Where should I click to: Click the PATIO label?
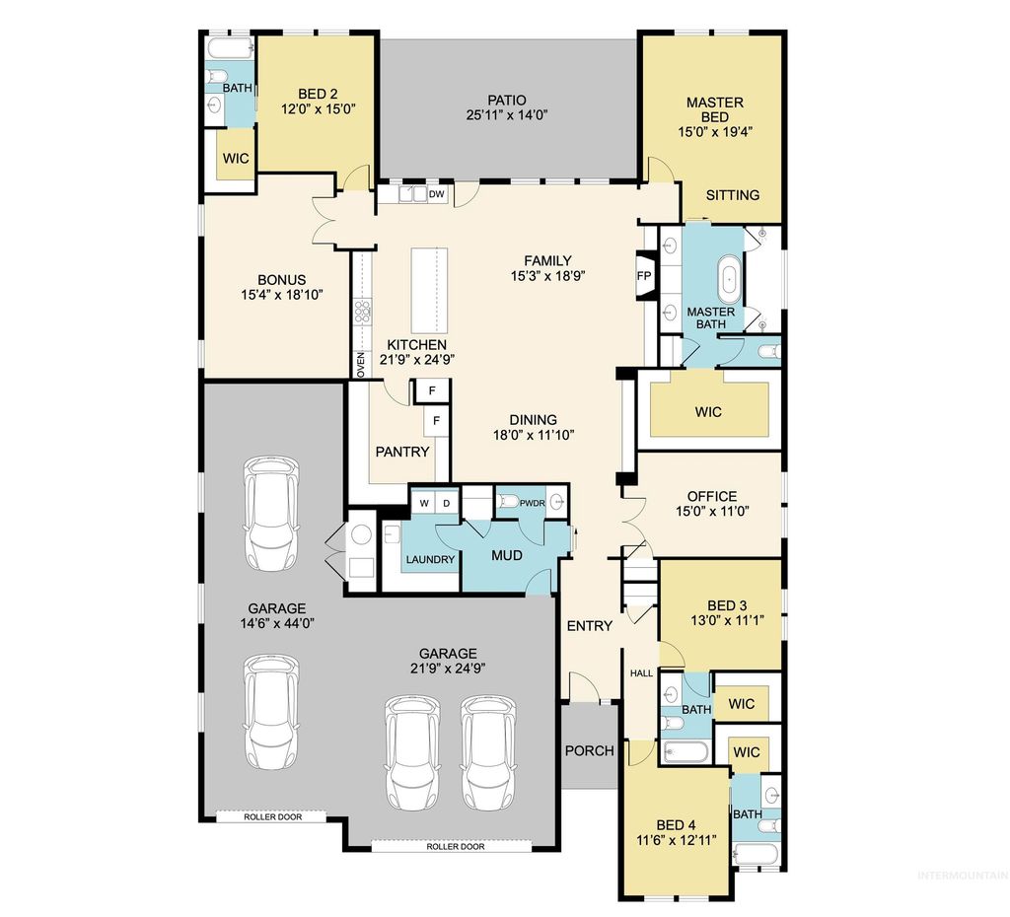(507, 100)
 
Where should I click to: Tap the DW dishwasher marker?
(436, 195)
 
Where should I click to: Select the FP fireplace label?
(644, 276)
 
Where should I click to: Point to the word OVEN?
(361, 364)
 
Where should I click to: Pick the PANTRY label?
(402, 452)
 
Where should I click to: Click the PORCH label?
(589, 750)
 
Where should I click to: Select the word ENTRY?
(589, 625)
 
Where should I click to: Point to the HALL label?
(641, 672)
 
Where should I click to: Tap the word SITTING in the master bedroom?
(733, 194)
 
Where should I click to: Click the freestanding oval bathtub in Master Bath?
(730, 279)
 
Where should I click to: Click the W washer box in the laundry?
(424, 504)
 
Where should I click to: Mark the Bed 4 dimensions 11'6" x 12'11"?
(678, 840)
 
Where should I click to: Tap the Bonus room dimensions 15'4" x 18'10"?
(282, 294)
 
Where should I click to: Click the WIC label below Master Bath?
(708, 410)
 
